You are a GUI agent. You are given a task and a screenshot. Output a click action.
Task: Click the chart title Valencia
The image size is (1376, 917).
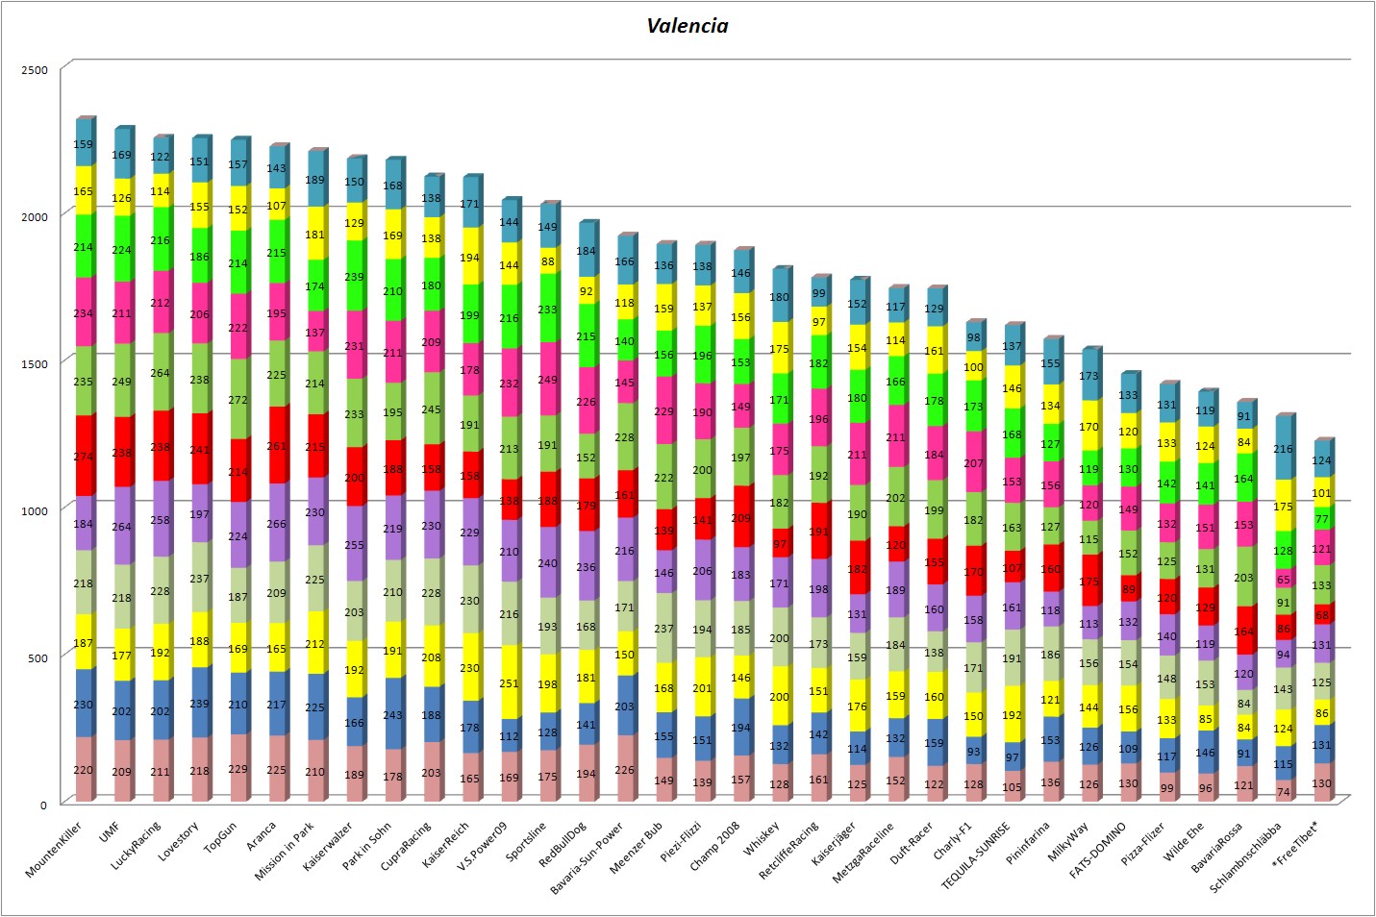[687, 26]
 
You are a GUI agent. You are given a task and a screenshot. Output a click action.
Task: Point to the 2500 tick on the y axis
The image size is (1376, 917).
[35, 70]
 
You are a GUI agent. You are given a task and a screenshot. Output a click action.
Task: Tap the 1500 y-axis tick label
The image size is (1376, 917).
[35, 364]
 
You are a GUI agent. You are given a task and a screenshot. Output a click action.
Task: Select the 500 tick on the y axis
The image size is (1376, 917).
[38, 658]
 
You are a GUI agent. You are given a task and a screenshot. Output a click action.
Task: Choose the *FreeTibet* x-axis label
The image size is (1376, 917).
[1295, 843]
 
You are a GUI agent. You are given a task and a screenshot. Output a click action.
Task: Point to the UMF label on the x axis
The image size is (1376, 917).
[110, 831]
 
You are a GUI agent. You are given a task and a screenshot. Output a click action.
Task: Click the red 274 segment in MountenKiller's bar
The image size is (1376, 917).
[84, 457]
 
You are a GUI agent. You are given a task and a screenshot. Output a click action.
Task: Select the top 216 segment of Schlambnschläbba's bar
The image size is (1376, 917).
[1283, 449]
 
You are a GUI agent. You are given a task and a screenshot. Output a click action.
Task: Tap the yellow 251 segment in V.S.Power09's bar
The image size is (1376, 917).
[509, 683]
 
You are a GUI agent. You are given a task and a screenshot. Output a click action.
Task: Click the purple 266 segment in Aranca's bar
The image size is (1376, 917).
[276, 524]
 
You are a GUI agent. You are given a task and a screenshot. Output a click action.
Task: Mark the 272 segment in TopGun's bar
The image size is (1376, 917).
[238, 400]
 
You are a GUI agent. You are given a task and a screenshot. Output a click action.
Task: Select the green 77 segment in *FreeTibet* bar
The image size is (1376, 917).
[1322, 519]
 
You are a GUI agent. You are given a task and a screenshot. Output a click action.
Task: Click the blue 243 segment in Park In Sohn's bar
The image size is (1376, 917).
[392, 714]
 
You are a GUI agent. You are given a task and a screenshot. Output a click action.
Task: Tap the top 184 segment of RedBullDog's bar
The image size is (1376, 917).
[586, 251]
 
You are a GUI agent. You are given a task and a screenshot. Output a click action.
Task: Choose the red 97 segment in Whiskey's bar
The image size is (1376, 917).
[779, 544]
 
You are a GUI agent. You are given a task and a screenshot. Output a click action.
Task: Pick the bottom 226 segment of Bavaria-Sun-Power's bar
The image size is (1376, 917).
[624, 769]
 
